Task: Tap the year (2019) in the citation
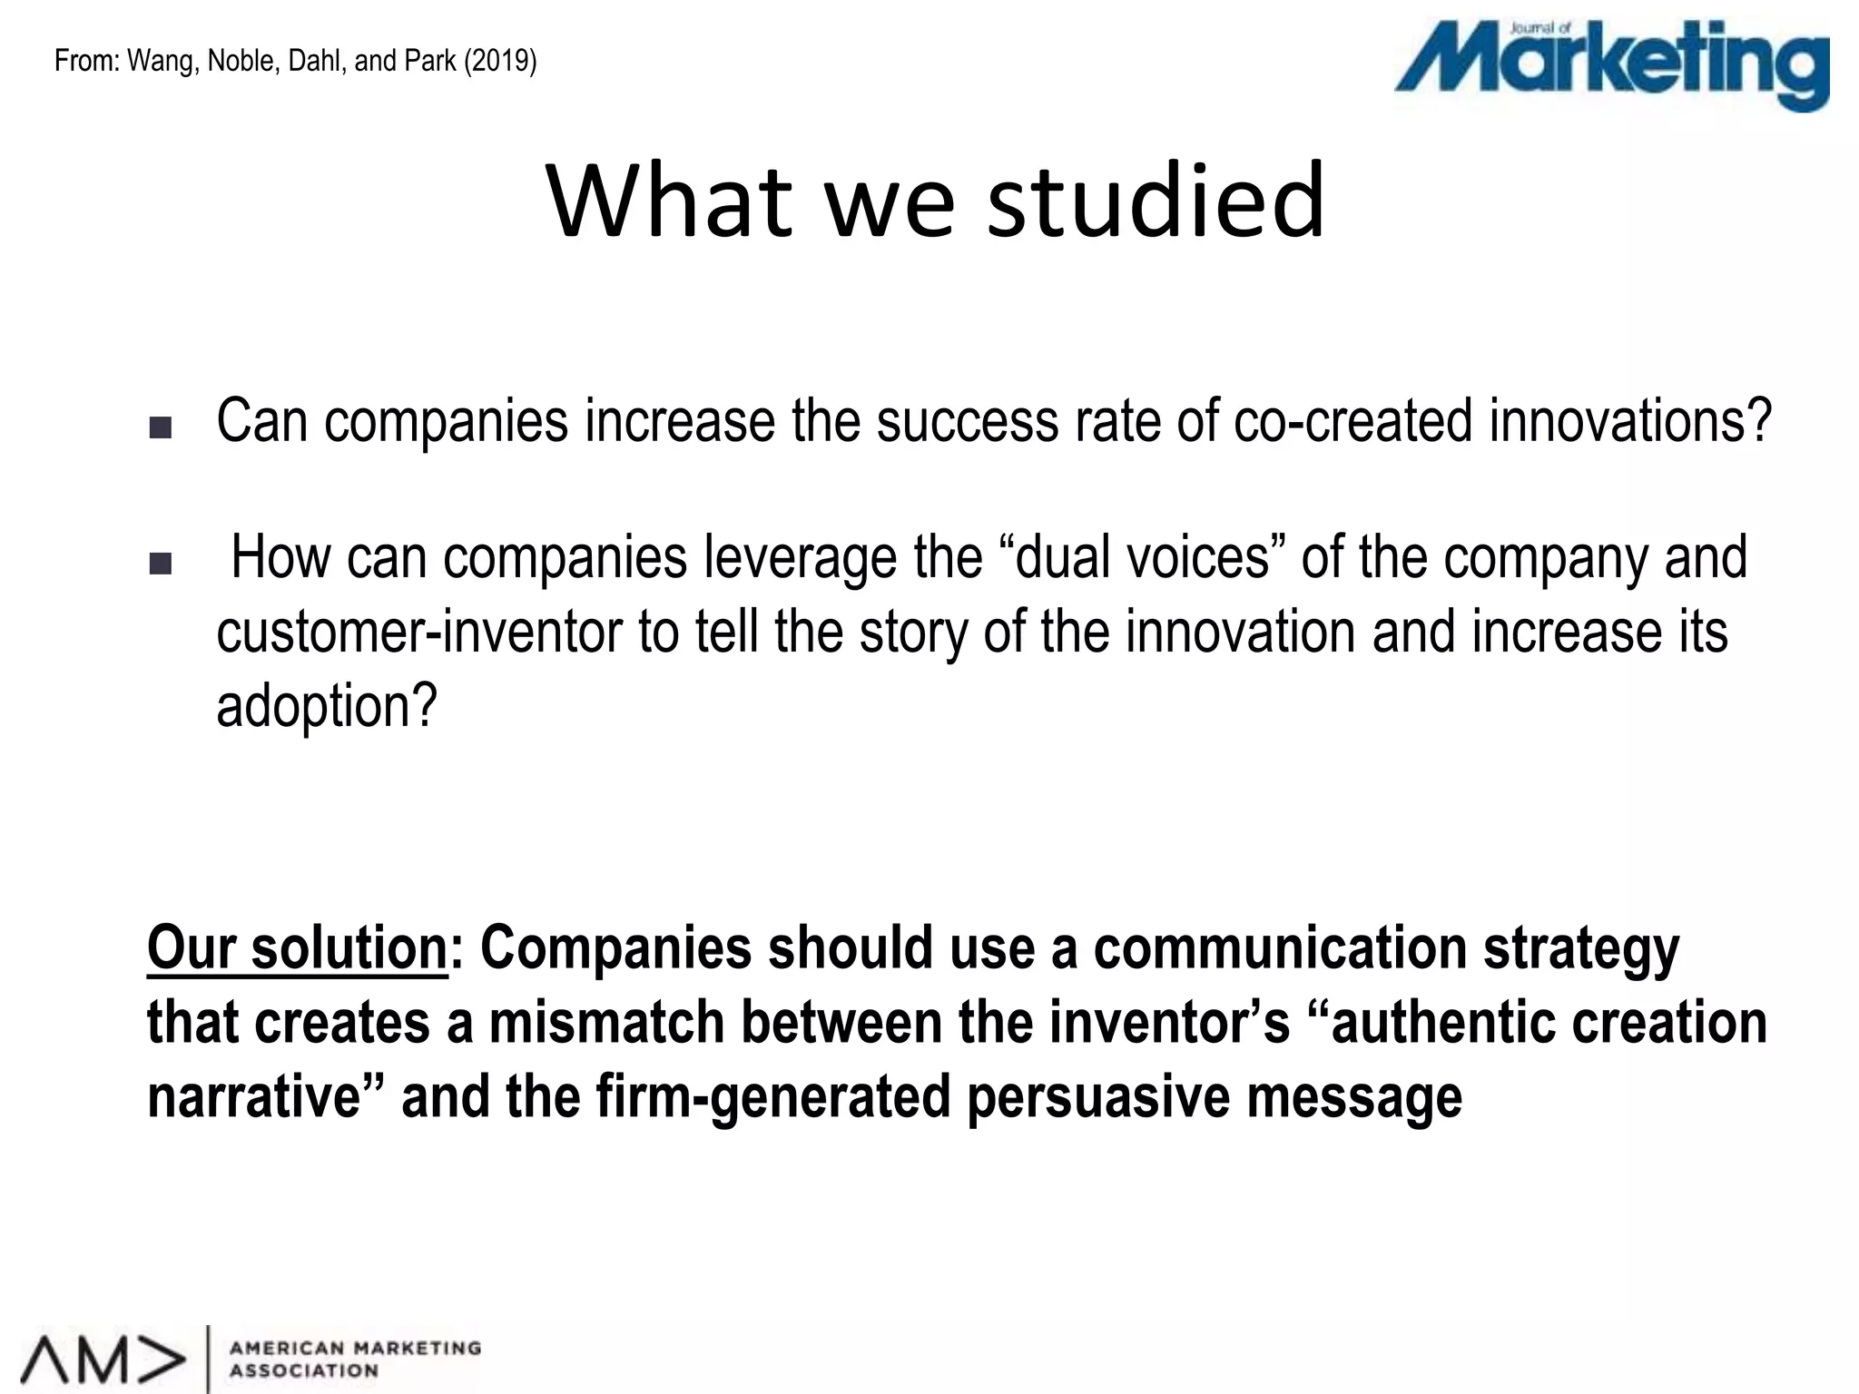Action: point(500,62)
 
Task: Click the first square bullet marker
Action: point(160,428)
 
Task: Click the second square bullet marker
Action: point(160,565)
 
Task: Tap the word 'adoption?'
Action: point(327,706)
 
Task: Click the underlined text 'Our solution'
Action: point(297,948)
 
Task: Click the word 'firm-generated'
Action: point(772,1097)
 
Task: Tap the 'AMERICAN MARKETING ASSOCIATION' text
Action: point(355,1360)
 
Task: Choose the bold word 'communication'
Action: point(1280,948)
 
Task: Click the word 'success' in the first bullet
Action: point(967,421)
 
